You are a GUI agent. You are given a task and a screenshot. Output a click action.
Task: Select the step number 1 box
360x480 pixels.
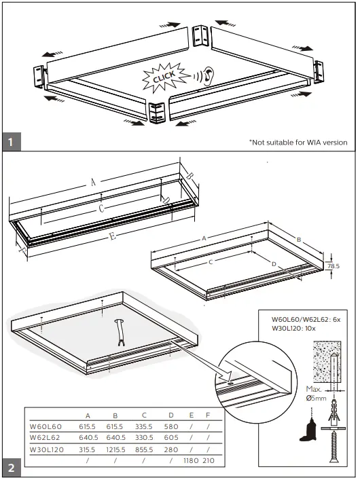tap(11, 143)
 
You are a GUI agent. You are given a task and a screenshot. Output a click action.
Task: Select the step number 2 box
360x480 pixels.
tap(11, 468)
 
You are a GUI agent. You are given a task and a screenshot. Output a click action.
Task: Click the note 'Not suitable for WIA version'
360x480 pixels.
tap(298, 142)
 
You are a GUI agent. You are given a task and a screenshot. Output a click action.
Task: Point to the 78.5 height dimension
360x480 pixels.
tap(333, 266)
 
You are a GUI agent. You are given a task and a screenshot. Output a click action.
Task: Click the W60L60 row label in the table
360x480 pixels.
tap(46, 426)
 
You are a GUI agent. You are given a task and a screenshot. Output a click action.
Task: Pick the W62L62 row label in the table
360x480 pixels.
tap(46, 438)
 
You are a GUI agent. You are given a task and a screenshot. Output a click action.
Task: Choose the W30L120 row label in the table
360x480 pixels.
tap(48, 449)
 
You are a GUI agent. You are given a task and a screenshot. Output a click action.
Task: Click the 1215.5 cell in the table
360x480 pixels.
tap(116, 449)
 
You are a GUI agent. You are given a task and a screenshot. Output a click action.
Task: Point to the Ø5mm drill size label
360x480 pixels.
tap(316, 399)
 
